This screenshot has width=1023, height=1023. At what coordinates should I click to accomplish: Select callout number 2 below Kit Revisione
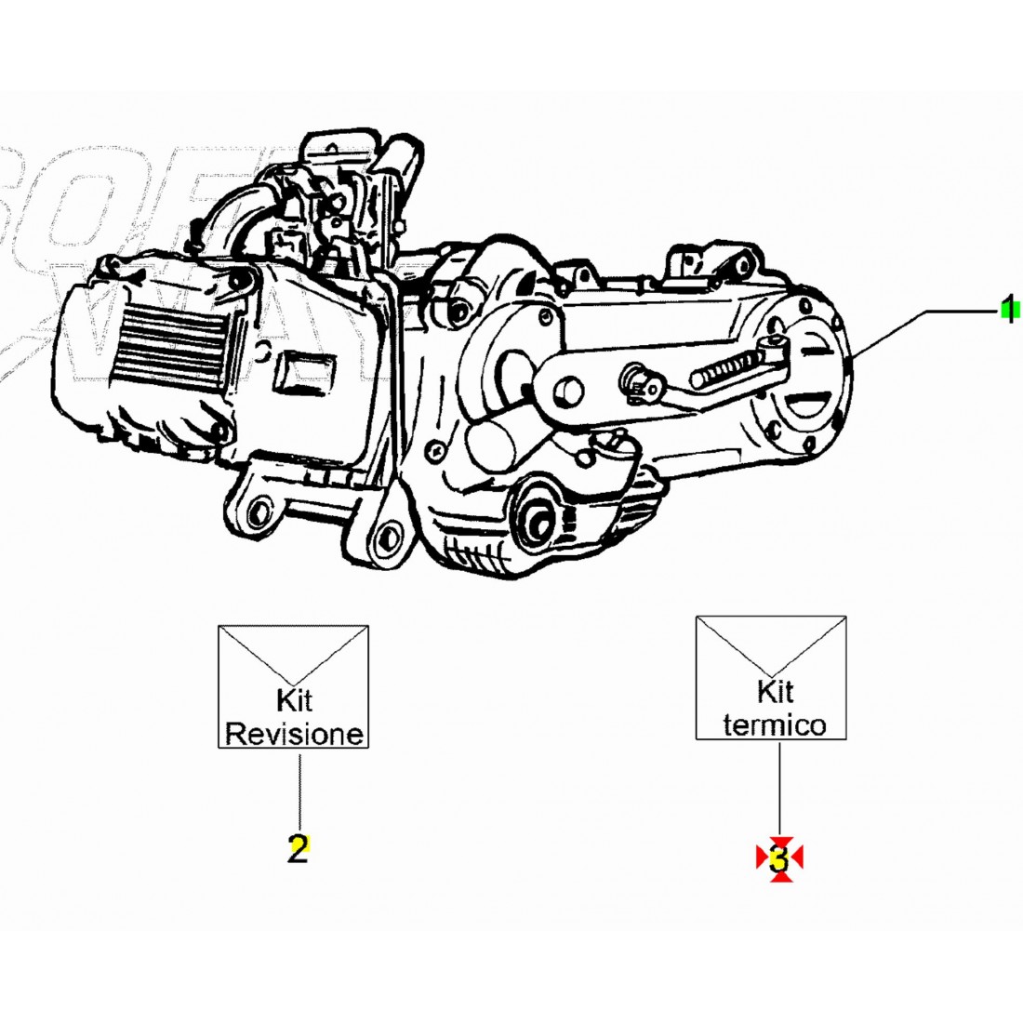point(297,848)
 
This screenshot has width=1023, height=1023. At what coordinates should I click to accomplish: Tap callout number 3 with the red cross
point(779,857)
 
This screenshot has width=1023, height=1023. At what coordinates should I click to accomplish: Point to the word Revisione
point(294,734)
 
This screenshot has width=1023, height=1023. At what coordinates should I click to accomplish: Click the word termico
point(774,725)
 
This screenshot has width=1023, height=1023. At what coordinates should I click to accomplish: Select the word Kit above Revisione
point(294,699)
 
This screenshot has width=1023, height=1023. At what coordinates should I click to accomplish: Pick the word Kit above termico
point(775,691)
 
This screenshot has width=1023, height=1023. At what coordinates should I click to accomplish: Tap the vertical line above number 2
point(299,790)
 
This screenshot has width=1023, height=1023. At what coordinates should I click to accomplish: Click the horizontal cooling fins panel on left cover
point(168,345)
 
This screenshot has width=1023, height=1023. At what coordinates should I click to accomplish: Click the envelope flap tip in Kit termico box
point(771,674)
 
